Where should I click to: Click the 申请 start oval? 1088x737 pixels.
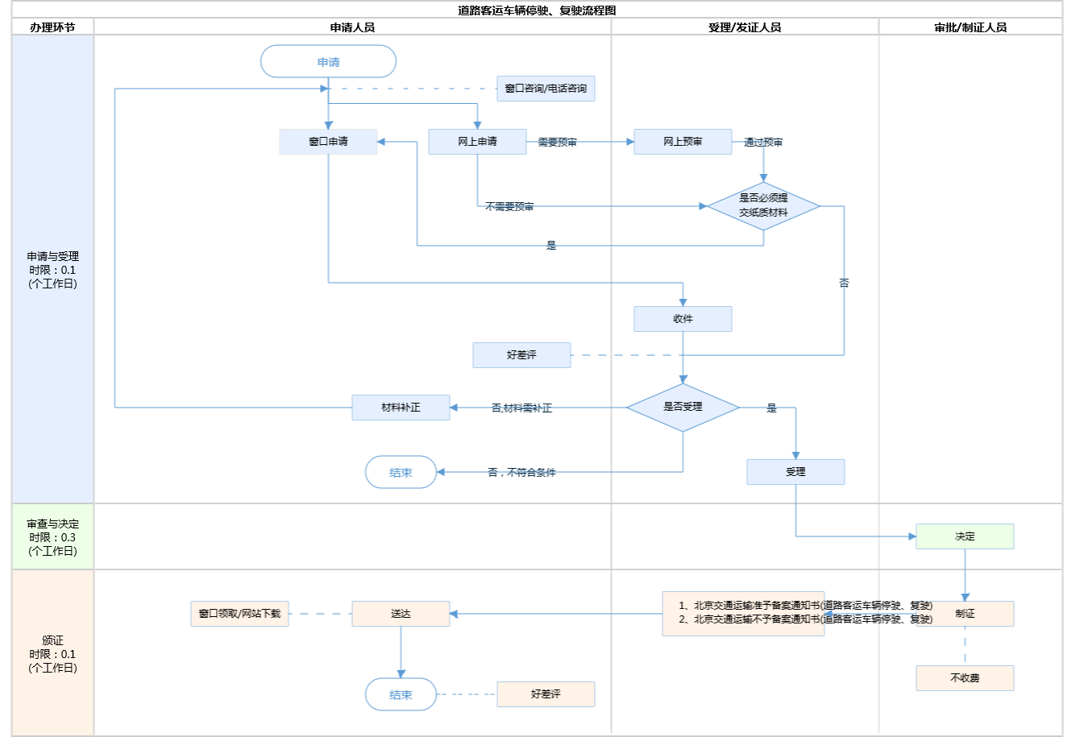tap(328, 62)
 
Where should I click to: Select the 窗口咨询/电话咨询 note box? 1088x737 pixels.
tap(546, 89)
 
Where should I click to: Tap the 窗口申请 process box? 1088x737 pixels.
tap(328, 142)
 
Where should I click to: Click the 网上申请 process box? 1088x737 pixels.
tap(477, 142)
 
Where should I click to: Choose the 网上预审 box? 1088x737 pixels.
tap(683, 142)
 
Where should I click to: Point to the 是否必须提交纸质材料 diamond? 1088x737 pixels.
tap(763, 206)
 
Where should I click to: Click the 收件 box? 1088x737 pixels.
tap(683, 319)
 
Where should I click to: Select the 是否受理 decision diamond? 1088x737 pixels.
tap(683, 408)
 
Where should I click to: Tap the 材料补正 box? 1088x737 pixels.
tap(401, 408)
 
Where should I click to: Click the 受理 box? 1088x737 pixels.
tap(795, 472)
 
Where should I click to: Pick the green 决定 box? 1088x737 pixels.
tap(965, 536)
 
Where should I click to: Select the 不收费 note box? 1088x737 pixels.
tap(965, 678)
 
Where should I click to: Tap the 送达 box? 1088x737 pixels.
tap(401, 614)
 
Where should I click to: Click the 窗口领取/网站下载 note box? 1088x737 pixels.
tap(239, 614)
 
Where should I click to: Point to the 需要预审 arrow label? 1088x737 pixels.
tap(557, 143)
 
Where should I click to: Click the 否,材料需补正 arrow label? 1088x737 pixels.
tap(521, 408)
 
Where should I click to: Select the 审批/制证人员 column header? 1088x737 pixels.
tap(970, 27)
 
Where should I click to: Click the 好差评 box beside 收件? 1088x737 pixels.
tap(521, 355)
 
